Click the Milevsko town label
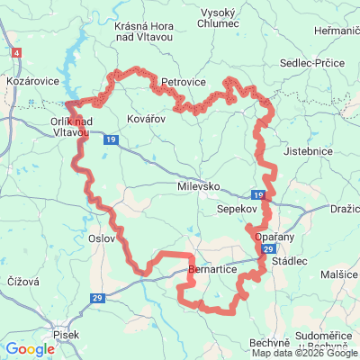[x=198, y=185]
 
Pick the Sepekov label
[x=237, y=208]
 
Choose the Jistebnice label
[x=309, y=154]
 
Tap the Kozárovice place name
[x=32, y=81]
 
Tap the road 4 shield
[x=17, y=53]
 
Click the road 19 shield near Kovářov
[x=110, y=140]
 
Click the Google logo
[x=31, y=348]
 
